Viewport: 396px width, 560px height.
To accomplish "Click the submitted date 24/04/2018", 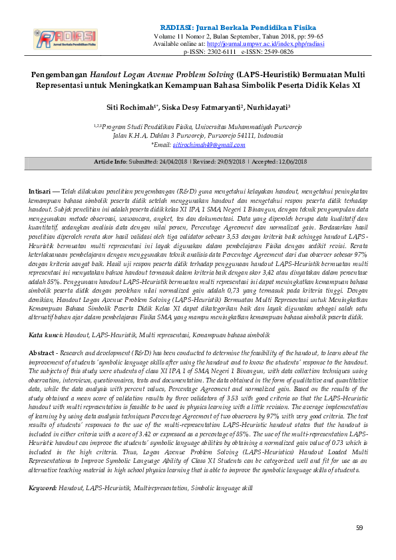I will pyautogui.click(x=172, y=162).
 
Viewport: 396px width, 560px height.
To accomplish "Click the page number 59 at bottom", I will pyautogui.click(x=359, y=527).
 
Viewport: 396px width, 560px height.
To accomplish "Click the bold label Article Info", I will pyautogui.click(x=110, y=162).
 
